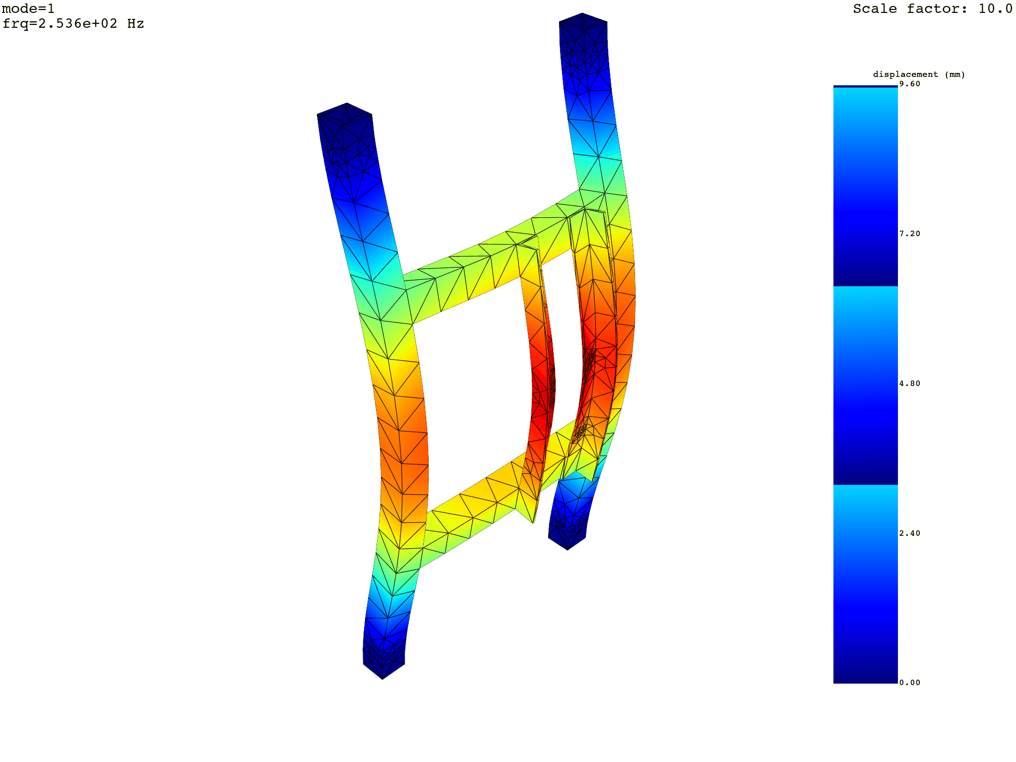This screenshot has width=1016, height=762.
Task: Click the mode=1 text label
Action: point(28,8)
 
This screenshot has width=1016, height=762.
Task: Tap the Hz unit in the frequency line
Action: point(135,23)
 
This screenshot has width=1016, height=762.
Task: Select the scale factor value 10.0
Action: point(995,8)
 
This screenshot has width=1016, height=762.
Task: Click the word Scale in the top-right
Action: point(875,8)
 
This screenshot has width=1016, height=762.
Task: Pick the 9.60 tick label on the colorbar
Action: point(910,84)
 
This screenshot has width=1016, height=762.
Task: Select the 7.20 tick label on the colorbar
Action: point(910,234)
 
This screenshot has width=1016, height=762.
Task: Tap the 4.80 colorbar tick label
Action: point(910,383)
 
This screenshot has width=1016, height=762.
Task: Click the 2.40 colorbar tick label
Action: point(910,533)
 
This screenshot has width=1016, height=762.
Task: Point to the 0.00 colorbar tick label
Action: point(910,683)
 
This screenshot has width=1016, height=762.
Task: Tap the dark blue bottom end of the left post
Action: point(383,660)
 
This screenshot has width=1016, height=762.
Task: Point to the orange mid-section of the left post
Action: point(403,446)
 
